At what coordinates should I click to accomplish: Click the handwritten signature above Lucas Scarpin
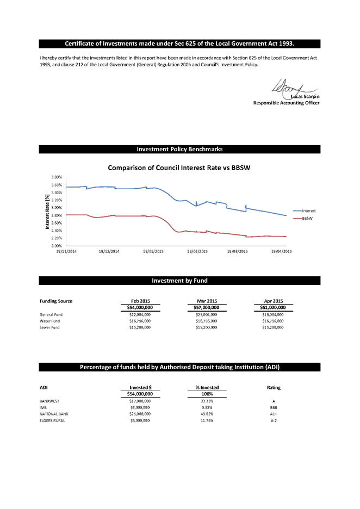coord(294,88)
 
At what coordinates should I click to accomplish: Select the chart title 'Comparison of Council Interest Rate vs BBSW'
coord(179,168)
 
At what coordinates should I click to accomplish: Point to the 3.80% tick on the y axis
coord(57,177)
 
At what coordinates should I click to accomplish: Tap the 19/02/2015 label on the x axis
coord(197,251)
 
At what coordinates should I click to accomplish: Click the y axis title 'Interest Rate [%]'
coord(47,212)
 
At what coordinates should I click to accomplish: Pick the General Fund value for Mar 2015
coord(207,314)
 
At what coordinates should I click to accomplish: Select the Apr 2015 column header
coord(274,301)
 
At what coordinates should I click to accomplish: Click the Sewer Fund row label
coord(49,327)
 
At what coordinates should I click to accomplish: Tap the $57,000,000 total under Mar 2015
coord(207,307)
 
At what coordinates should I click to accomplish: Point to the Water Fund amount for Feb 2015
coord(140,321)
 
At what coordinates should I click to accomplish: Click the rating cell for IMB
coord(274,407)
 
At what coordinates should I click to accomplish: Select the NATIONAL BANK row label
coord(54,414)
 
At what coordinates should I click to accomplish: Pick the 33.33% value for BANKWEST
coord(207,401)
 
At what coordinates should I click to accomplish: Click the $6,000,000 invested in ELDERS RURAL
coord(140,420)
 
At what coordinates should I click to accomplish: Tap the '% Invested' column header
coord(207,388)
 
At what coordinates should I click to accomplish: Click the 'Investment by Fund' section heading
coord(179,281)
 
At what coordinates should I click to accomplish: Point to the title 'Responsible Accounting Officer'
coord(286,103)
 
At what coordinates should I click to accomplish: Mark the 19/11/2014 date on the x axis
coord(66,251)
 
